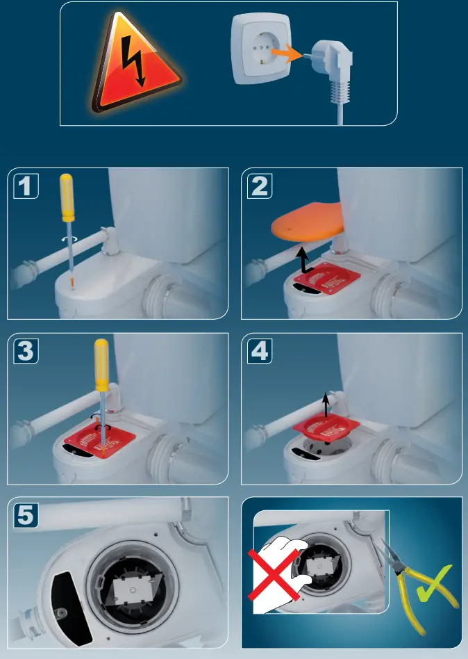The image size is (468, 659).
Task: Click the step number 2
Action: pyautogui.click(x=259, y=187)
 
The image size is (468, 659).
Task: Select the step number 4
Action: pyautogui.click(x=259, y=352)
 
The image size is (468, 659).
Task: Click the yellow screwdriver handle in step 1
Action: pyautogui.click(x=67, y=197)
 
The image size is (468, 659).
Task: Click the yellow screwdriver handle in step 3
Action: pyautogui.click(x=101, y=364)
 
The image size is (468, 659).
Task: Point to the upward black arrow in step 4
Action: pyautogui.click(x=326, y=403)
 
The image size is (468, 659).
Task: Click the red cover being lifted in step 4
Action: pyautogui.click(x=326, y=431)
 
